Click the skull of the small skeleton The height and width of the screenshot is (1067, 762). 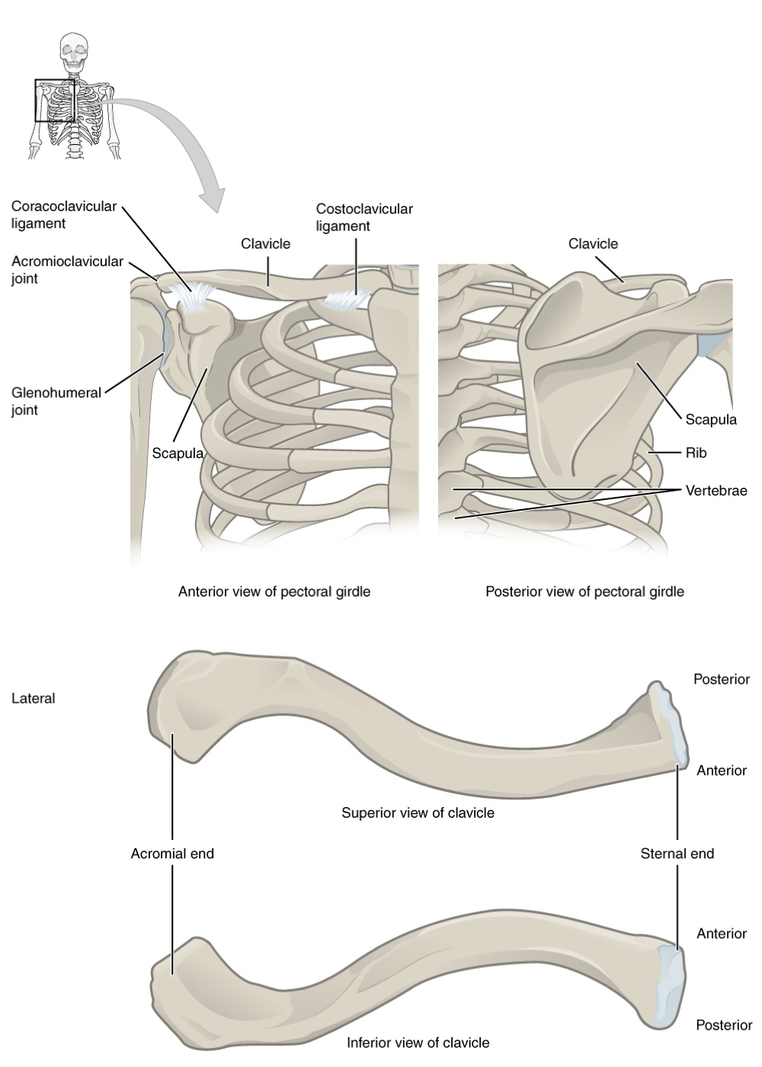[x=74, y=51]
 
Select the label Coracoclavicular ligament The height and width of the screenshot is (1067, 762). [x=64, y=215]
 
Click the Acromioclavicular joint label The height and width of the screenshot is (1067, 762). [x=67, y=270]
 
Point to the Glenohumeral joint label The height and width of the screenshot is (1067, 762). [x=56, y=401]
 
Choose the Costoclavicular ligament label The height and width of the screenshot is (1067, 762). [x=364, y=217]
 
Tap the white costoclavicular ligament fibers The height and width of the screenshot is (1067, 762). [x=347, y=298]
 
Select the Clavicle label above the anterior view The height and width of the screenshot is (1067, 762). [x=265, y=244]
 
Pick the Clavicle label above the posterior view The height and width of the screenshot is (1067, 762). [x=593, y=244]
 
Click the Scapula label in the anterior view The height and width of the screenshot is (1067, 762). [x=178, y=453]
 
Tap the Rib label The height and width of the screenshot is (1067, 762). [x=696, y=453]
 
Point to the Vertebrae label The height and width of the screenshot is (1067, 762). [x=716, y=490]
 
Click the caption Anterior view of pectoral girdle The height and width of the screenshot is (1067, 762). [x=274, y=591]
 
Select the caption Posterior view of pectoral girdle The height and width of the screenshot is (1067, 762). [x=585, y=591]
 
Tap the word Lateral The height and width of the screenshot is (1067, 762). [x=34, y=698]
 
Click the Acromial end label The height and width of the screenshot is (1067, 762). [x=172, y=853]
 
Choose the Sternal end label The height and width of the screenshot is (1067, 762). [x=677, y=853]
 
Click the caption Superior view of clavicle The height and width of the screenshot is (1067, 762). [x=418, y=812]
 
